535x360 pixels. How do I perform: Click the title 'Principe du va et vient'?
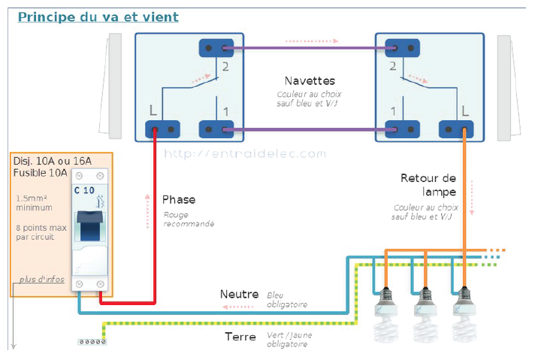point(98,17)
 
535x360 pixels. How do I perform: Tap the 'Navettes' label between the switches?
point(310,80)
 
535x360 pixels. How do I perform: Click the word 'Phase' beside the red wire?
point(179,199)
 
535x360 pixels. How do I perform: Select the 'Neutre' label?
point(239,294)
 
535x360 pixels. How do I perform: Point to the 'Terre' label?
point(241,337)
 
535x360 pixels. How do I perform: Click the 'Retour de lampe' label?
point(428,185)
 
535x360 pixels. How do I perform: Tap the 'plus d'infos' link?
point(42,280)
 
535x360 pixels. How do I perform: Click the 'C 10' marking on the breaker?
point(84,190)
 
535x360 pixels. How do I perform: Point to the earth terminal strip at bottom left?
point(91,342)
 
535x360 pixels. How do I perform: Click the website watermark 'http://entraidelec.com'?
point(245,153)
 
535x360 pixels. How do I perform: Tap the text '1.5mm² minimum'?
point(34,203)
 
